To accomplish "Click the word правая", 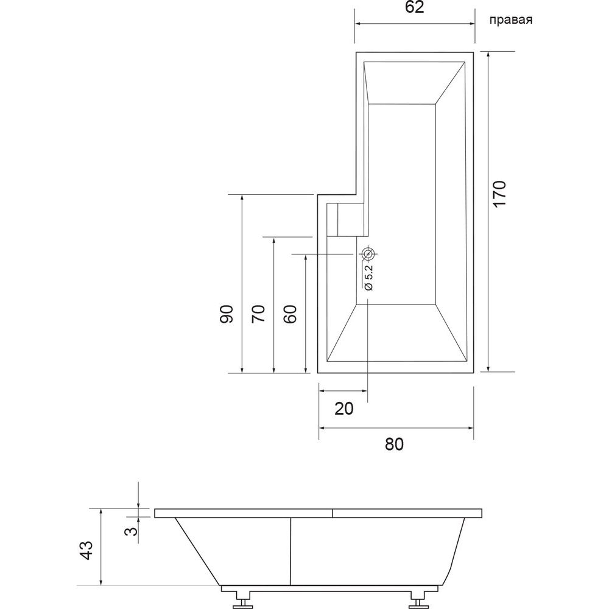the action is point(511,20).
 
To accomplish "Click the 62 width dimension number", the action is point(414,7).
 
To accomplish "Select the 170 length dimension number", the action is point(499,194).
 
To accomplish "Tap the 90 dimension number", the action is point(227,314).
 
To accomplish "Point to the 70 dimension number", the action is point(258,314).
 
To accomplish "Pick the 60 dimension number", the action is point(290,314).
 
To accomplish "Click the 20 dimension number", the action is point(343,409).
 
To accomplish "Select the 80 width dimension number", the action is point(394,444).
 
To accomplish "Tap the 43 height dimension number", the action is point(86,550).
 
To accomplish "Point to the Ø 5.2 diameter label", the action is point(368,277).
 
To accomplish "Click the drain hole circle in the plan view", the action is point(368,255).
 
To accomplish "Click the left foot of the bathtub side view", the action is point(243,600).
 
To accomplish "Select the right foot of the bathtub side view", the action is point(419,600).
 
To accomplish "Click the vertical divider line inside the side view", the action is point(290,551).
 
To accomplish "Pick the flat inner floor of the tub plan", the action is point(401,204).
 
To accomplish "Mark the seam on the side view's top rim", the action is point(333,513).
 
